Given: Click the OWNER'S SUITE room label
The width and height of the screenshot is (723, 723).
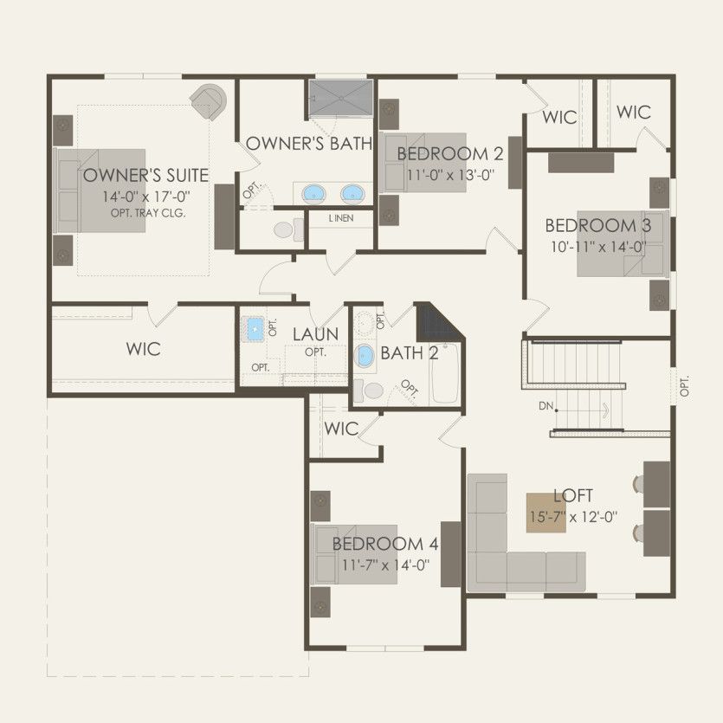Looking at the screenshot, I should pyautogui.click(x=145, y=176).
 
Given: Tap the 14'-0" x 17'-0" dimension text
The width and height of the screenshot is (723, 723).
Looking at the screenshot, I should pyautogui.click(x=145, y=197).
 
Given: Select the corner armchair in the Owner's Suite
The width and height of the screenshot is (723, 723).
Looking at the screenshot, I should pyautogui.click(x=209, y=101).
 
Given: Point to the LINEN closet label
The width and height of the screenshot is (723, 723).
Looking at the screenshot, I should pyautogui.click(x=340, y=218).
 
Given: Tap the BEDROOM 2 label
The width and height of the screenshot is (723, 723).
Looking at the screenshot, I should pyautogui.click(x=449, y=154).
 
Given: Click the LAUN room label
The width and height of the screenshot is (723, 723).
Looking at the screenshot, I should pyautogui.click(x=314, y=334).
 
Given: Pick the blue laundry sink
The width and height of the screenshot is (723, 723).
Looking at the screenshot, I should pyautogui.click(x=255, y=328).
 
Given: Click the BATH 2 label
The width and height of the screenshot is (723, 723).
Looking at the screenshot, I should pyautogui.click(x=410, y=353).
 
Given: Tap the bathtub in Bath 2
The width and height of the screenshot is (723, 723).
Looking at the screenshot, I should pyautogui.click(x=445, y=373).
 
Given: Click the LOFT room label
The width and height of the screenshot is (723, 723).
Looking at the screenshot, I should pyautogui.click(x=573, y=496).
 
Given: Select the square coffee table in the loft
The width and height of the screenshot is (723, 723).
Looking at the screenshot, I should pyautogui.click(x=547, y=513).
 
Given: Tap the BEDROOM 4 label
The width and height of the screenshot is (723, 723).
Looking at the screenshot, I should pyautogui.click(x=385, y=545).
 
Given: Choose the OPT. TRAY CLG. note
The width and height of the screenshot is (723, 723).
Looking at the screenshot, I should pyautogui.click(x=148, y=213).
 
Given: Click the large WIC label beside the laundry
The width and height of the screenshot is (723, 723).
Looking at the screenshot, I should pyautogui.click(x=143, y=349).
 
